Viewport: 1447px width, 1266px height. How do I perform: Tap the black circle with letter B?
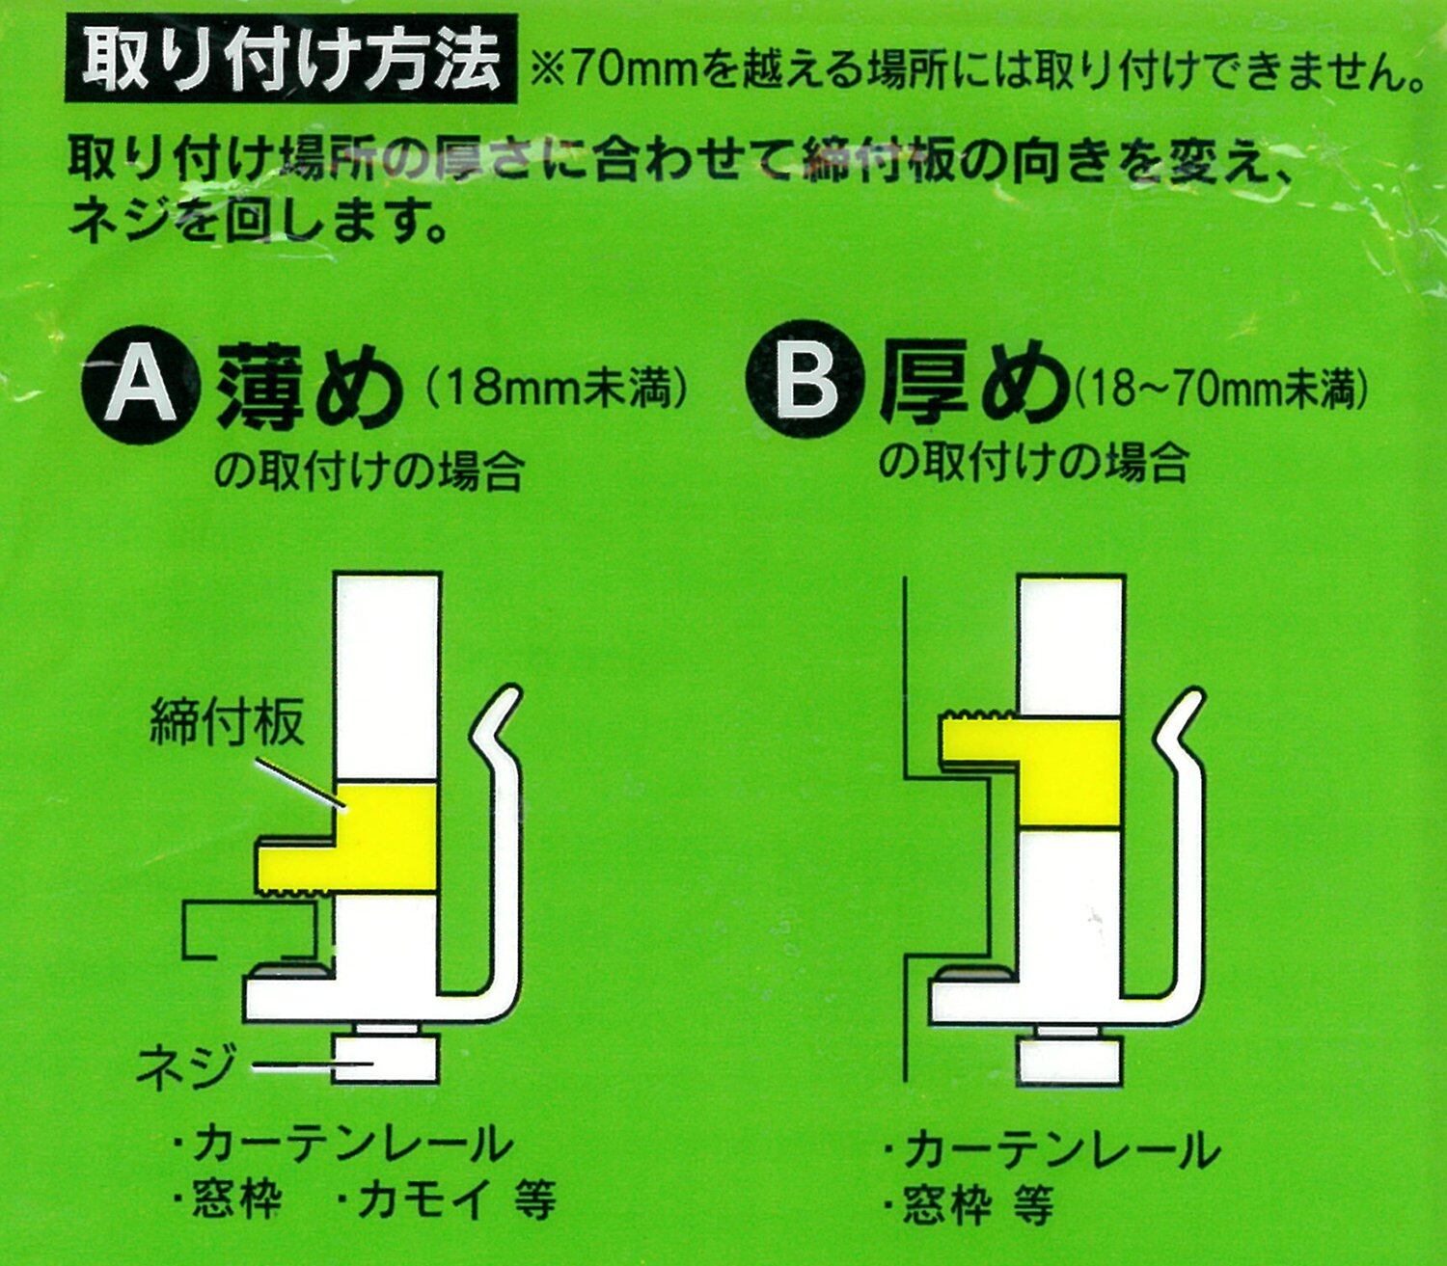click(x=805, y=386)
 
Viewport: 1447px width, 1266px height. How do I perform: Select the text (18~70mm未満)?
click(x=1220, y=388)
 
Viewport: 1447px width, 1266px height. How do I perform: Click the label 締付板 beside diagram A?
click(x=227, y=721)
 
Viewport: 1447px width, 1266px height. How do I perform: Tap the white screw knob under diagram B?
click(x=1070, y=1061)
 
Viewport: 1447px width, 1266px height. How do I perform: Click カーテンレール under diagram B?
click(x=1062, y=1148)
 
